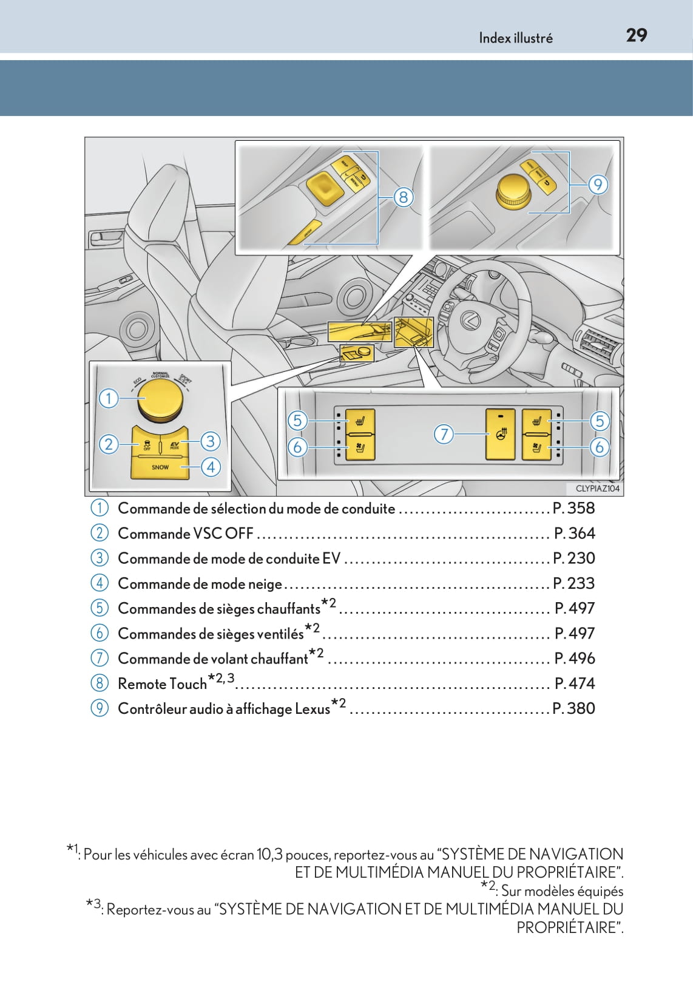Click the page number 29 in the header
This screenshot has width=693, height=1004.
tap(636, 36)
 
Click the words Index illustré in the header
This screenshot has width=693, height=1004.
tap(515, 38)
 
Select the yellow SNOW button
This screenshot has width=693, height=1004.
tap(160, 467)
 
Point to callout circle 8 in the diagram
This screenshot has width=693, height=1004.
tap(403, 197)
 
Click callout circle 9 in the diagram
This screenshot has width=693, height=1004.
tap(598, 184)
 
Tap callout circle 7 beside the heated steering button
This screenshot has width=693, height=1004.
tap(444, 434)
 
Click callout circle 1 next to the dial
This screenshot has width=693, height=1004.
tap(109, 398)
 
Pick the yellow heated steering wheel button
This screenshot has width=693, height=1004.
tap(501, 434)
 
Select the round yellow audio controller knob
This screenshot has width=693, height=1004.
tap(513, 190)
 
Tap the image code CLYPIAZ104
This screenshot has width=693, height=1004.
tap(597, 489)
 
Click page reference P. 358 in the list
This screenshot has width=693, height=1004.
tap(573, 508)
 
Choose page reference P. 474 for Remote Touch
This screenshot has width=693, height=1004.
tap(574, 683)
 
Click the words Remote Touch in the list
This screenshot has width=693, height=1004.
tap(162, 684)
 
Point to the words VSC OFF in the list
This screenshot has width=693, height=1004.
tap(223, 534)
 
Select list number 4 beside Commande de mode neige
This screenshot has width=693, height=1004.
tap(100, 583)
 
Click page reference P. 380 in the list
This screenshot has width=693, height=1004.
tap(573, 708)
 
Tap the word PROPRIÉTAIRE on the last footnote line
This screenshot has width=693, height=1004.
tap(569, 928)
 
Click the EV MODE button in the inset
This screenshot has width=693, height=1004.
tap(175, 445)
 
